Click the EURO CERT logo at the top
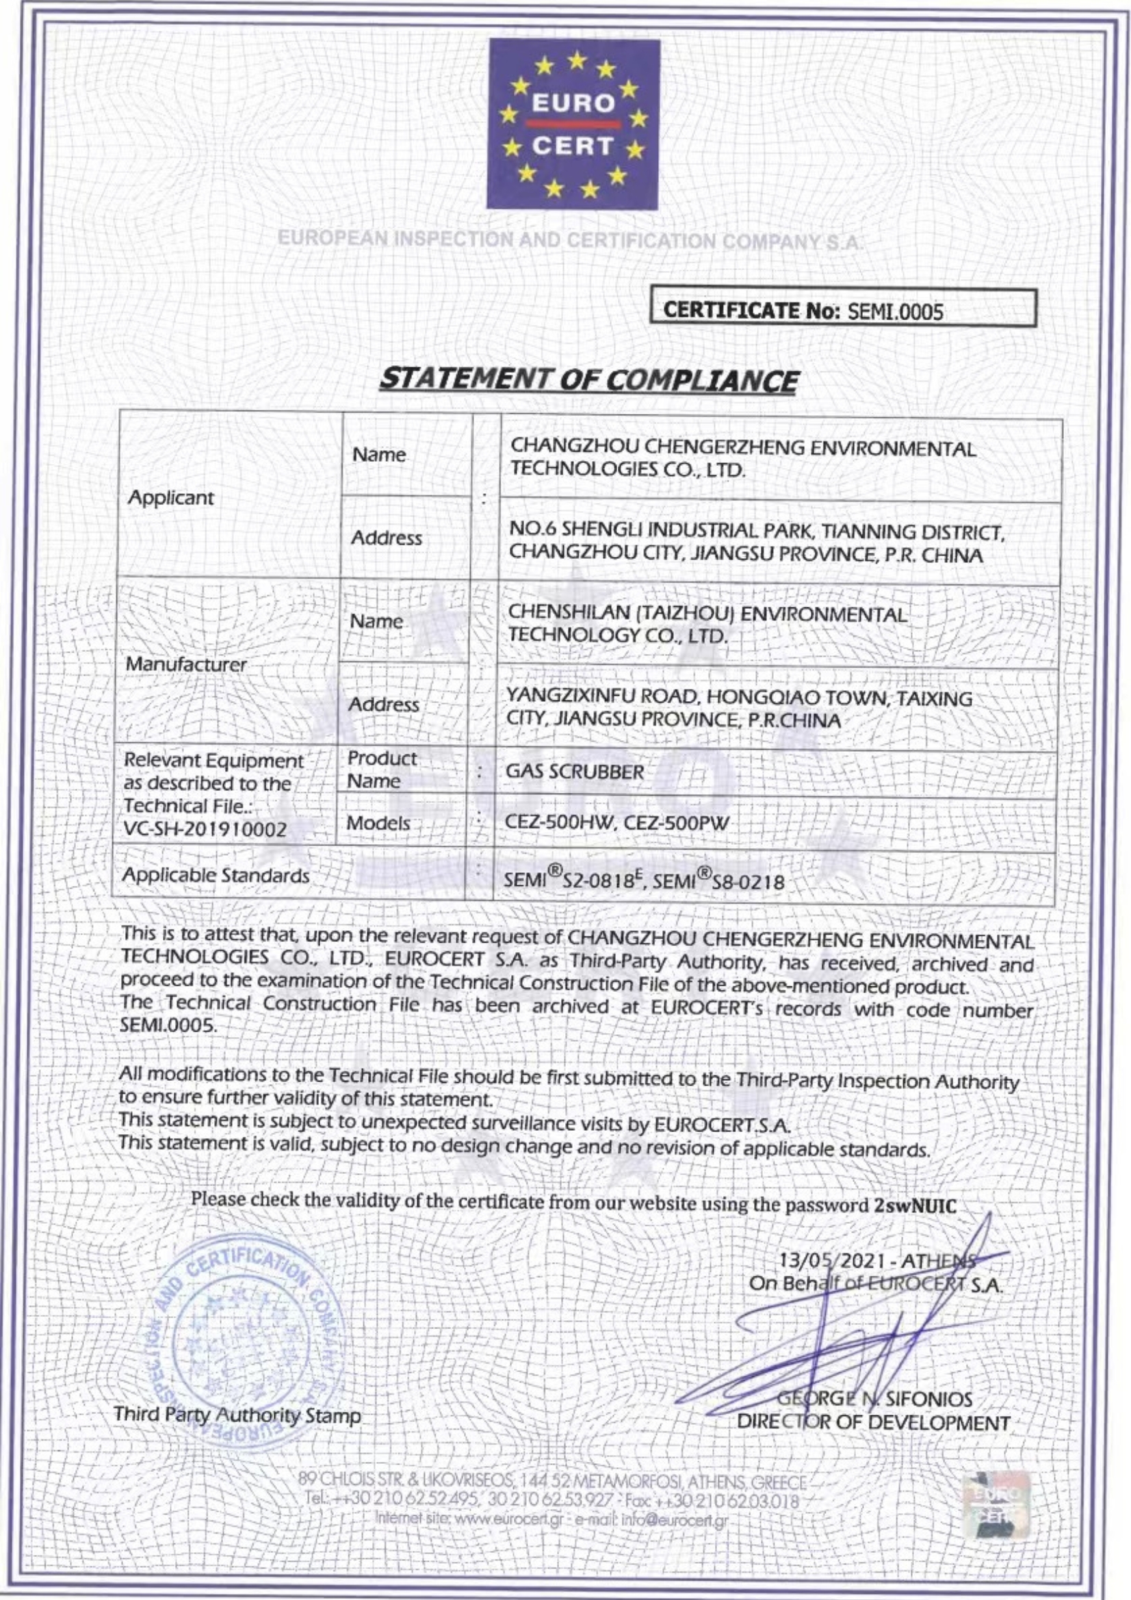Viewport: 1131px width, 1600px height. [573, 124]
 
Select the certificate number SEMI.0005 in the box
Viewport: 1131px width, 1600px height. [894, 311]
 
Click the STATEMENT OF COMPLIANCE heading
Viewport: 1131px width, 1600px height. [588, 380]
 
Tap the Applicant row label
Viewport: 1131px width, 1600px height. [172, 497]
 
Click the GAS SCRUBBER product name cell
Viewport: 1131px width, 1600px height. [575, 772]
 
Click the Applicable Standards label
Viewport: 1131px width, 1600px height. [216, 876]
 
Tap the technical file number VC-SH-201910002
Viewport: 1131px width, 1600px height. [205, 829]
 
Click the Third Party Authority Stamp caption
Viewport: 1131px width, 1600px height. [237, 1415]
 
